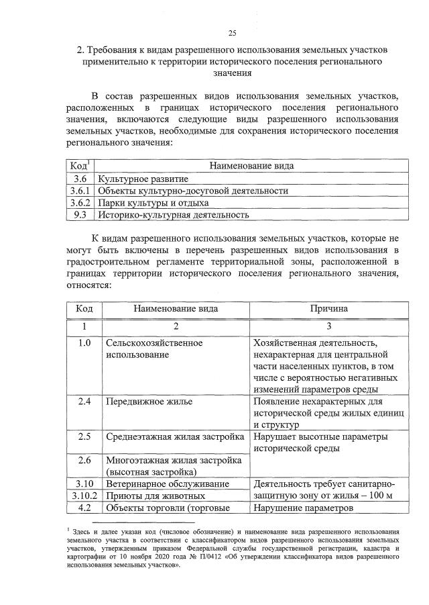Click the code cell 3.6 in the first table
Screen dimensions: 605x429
(x=81, y=179)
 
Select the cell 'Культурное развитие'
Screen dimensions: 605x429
(x=143, y=179)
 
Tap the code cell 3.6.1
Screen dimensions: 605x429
(x=81, y=191)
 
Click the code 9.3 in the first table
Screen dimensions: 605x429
(x=81, y=215)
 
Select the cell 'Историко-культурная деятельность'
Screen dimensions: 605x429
(x=174, y=215)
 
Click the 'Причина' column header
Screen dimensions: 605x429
(x=328, y=310)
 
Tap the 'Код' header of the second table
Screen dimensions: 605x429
(x=84, y=310)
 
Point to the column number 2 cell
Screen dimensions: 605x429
(x=176, y=326)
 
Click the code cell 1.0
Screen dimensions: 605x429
(x=84, y=343)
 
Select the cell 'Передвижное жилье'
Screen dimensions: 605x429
(x=149, y=402)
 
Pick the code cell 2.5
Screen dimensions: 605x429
(x=84, y=437)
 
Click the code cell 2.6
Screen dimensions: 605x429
(x=84, y=461)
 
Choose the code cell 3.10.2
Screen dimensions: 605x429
(x=84, y=496)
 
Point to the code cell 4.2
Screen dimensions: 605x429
(x=84, y=508)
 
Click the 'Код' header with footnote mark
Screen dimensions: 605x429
(x=81, y=165)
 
